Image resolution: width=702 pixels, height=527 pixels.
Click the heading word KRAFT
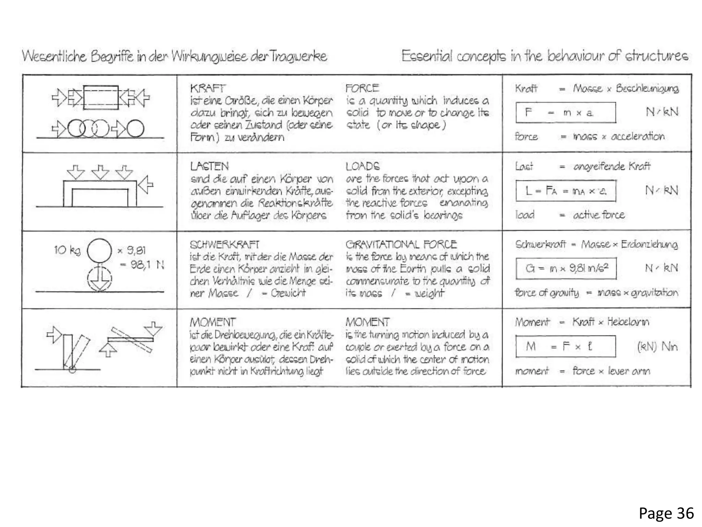[x=208, y=88]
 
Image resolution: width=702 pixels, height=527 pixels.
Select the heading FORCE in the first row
[x=362, y=88]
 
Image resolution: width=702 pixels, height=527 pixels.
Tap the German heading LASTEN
[x=209, y=166]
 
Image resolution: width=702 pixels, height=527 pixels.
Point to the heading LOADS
[x=362, y=166]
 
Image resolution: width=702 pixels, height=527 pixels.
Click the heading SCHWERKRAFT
[x=224, y=245]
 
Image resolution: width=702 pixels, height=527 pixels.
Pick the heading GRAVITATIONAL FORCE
[x=401, y=244]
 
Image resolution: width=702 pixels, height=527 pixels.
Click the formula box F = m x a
[x=565, y=113]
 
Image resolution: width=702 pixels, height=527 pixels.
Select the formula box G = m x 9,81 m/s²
[x=566, y=268]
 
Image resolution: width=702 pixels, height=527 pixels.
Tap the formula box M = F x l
[x=565, y=347]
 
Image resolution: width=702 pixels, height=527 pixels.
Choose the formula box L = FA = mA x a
[x=566, y=190]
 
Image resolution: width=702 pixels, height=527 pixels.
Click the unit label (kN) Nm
[x=657, y=347]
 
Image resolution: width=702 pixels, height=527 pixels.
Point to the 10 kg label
[x=67, y=250]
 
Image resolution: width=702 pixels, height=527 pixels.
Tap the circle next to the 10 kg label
[x=99, y=251]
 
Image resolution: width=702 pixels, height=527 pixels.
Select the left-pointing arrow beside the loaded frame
[x=146, y=185]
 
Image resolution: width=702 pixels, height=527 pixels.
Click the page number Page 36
[x=666, y=513]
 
